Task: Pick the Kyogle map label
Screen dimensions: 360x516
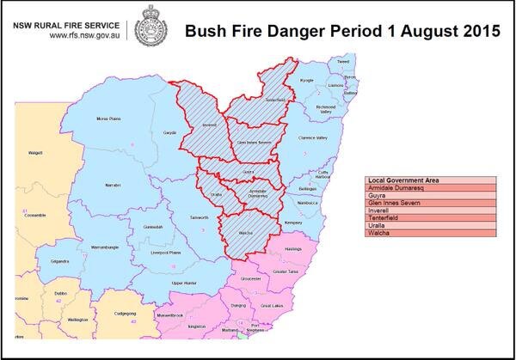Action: (x=306, y=80)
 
